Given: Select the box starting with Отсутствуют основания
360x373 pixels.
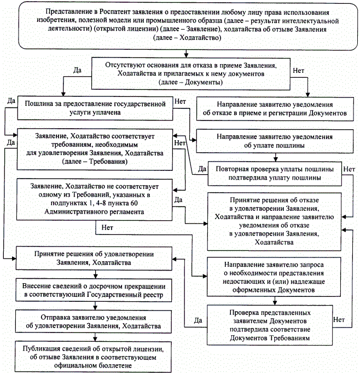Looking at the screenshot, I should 189,72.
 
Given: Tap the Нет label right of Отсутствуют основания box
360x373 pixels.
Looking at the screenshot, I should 299,70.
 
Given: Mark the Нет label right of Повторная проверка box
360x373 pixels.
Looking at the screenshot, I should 349,169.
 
